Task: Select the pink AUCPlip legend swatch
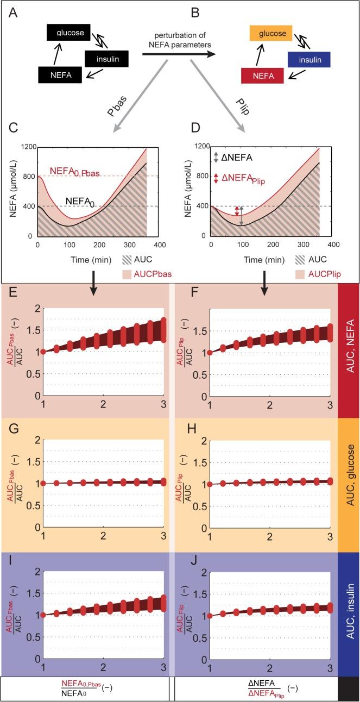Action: [x=302, y=274]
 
